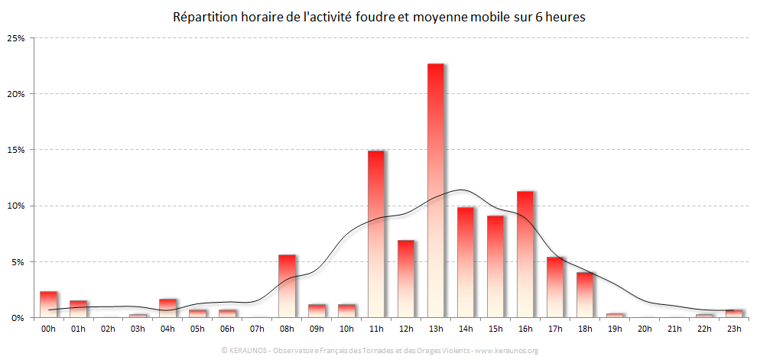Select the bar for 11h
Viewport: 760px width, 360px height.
click(376, 233)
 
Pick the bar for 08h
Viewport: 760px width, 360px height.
click(287, 285)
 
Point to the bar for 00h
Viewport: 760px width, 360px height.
click(48, 303)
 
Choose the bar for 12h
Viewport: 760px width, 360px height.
click(406, 278)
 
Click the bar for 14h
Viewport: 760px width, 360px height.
click(466, 261)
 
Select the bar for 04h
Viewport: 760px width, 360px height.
click(167, 307)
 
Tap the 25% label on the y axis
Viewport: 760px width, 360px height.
click(17, 38)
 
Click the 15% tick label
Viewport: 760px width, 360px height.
click(17, 150)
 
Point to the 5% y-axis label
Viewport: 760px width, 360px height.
click(19, 261)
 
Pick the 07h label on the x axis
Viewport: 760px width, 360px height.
click(257, 329)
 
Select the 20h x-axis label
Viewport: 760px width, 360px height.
click(645, 329)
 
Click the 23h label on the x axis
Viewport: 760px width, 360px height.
click(734, 329)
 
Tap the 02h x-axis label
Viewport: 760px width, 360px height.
click(108, 329)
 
